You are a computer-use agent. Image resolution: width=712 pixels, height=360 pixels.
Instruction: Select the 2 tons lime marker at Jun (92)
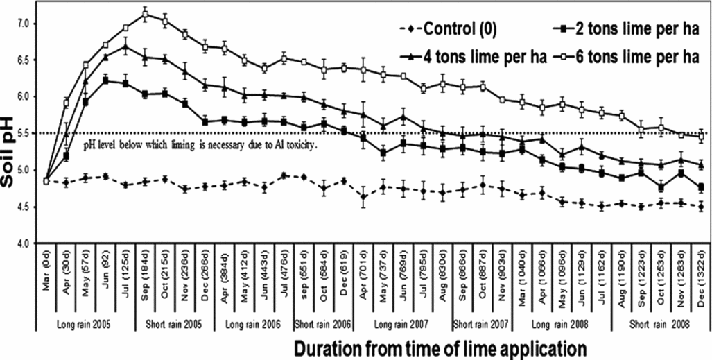105,80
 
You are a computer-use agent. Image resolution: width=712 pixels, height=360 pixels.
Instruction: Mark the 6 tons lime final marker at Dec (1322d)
702,136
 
